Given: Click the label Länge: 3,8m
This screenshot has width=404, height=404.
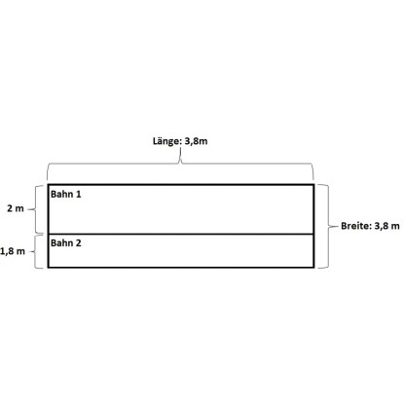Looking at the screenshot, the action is tap(180, 141).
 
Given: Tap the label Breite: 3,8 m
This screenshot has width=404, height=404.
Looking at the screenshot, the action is tap(370, 226).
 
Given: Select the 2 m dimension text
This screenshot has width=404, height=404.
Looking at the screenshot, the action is tap(16, 208).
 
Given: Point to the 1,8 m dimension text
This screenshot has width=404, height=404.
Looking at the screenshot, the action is tap(13, 251).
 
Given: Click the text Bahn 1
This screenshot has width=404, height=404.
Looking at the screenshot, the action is tap(66, 194).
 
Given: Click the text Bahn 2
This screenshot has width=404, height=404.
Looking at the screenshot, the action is tap(66, 243).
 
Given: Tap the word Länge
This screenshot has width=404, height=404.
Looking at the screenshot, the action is tap(165, 141).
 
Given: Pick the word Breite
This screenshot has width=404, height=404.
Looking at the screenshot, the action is tap(355, 226).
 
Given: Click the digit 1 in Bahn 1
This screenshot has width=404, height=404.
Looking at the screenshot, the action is tap(78, 194).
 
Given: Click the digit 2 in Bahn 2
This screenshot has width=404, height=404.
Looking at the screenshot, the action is tap(78, 243).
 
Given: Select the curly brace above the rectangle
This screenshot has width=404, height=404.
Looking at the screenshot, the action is tap(180, 164).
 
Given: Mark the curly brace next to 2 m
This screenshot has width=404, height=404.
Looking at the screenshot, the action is tap(35, 209).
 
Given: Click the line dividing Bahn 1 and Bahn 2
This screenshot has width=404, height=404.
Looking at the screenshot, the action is tap(181, 234).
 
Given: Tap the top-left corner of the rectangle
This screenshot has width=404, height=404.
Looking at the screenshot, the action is tap(48, 185).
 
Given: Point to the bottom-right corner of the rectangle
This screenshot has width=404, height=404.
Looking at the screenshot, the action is tap(313, 268).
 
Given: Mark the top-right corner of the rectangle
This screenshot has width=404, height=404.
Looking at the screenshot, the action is tap(313, 185).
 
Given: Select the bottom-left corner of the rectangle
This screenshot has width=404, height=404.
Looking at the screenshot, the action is tap(48, 268).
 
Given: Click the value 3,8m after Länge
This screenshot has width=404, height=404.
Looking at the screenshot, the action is tap(196, 141).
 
